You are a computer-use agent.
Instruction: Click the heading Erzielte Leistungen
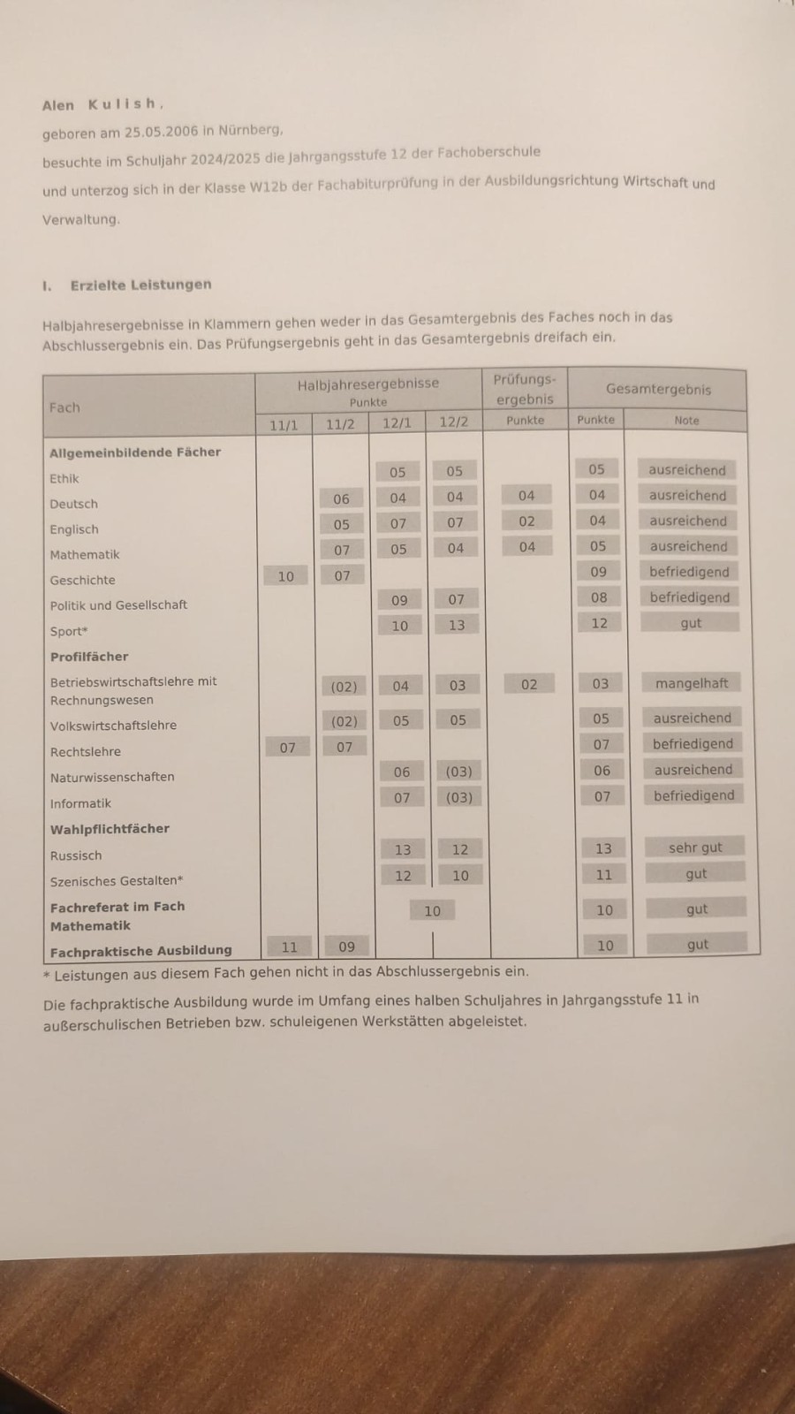point(140,285)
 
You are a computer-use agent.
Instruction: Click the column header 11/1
point(284,425)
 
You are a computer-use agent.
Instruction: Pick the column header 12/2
point(453,422)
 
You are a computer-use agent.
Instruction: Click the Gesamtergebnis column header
point(658,389)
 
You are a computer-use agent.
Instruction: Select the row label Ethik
point(64,479)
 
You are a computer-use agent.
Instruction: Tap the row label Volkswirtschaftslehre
point(113,726)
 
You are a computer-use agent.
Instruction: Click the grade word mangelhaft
point(692,683)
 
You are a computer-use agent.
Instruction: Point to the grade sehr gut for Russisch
point(695,848)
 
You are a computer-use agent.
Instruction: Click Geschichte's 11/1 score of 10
point(286,576)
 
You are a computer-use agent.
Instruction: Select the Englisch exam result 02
point(527,521)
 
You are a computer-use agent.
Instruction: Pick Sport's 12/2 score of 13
point(456,625)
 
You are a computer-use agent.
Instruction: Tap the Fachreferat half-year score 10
point(432,911)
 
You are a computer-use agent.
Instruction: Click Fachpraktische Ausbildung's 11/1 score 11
point(289,946)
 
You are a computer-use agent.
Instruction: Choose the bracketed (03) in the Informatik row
point(458,797)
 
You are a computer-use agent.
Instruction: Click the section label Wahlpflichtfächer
point(110,829)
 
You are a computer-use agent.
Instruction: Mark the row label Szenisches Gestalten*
point(117,881)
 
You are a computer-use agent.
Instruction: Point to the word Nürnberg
point(249,130)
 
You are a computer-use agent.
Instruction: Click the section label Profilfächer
point(89,657)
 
